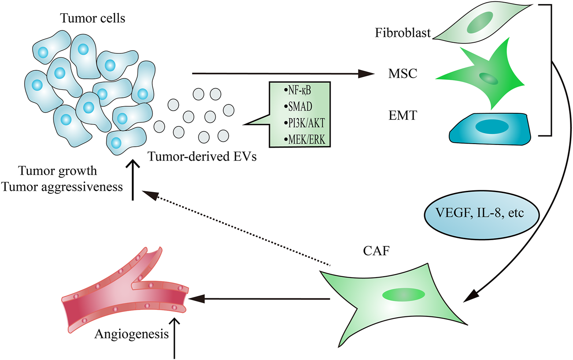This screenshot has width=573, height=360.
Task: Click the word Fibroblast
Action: (403, 33)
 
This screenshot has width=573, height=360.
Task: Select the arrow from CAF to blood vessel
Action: (260, 300)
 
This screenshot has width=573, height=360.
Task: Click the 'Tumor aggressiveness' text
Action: (62, 186)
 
